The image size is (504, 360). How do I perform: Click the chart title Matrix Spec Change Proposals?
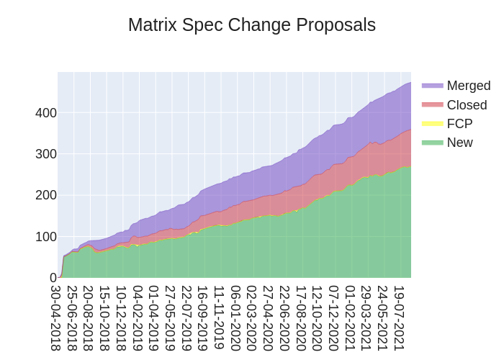pyautogui.click(x=252, y=25)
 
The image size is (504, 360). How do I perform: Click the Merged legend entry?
pyautogui.click(x=468, y=86)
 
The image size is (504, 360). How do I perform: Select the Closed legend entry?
pyautogui.click(x=467, y=105)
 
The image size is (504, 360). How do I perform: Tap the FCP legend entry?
pyautogui.click(x=459, y=124)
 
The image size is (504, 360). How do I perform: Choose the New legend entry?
pyautogui.click(x=459, y=143)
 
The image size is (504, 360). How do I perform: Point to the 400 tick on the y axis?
pyautogui.click(x=46, y=113)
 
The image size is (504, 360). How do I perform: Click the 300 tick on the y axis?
pyautogui.click(x=46, y=154)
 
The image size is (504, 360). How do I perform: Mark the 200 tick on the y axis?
pyautogui.click(x=46, y=195)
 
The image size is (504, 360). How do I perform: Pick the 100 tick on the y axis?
pyautogui.click(x=46, y=236)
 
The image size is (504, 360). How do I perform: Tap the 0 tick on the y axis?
pyautogui.click(x=53, y=278)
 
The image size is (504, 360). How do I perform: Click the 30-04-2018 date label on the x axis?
pyautogui.click(x=55, y=318)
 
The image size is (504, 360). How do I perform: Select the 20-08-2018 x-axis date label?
pyautogui.click(x=89, y=318)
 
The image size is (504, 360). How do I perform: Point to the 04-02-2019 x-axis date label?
pyautogui.click(x=138, y=318)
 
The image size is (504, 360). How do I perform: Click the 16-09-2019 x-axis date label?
pyautogui.click(x=203, y=318)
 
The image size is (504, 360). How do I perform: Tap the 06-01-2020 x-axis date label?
pyautogui.click(x=236, y=318)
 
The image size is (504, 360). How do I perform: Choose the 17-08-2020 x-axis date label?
pyautogui.click(x=302, y=318)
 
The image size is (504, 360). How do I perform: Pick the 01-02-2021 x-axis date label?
pyautogui.click(x=351, y=318)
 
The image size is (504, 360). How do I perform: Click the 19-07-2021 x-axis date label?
pyautogui.click(x=400, y=318)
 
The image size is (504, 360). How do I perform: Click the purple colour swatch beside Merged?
pyautogui.click(x=432, y=86)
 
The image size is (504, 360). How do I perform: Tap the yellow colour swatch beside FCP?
pyautogui.click(x=432, y=124)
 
